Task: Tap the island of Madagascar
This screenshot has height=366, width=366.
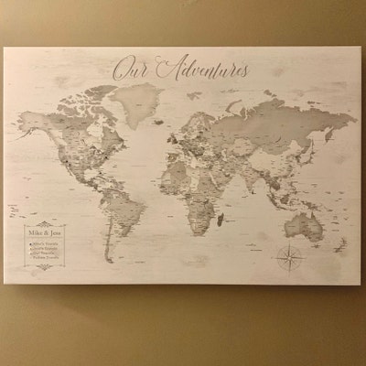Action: [227, 220]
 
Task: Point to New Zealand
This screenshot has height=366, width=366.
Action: [337, 245]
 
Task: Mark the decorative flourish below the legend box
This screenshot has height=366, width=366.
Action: [44, 267]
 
